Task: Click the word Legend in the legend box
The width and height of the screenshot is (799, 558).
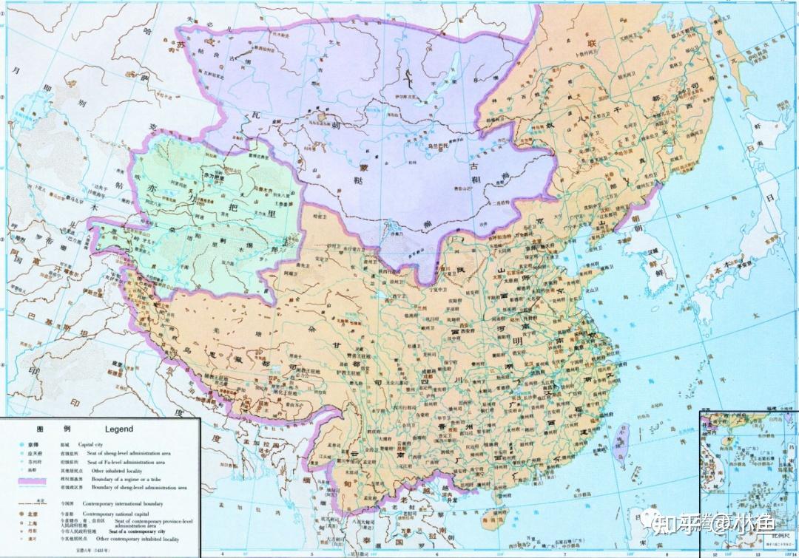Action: click(118, 429)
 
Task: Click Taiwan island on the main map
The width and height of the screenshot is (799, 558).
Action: click(620, 440)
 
